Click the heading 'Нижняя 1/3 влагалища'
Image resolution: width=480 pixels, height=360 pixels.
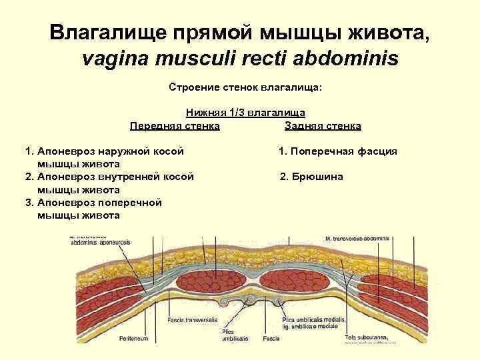(x=245, y=114)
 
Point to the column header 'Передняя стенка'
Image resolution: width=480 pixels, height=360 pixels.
(x=175, y=125)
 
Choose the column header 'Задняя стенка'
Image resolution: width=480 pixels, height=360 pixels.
(x=323, y=125)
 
